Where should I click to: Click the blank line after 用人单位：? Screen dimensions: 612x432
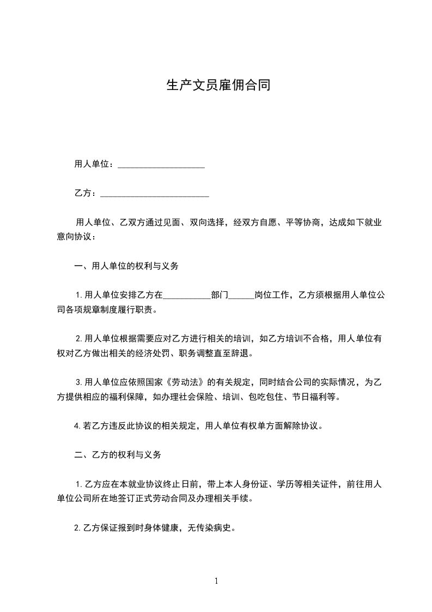click(161, 165)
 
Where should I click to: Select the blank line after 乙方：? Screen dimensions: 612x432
click(155, 194)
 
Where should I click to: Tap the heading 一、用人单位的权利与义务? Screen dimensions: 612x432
click(126, 267)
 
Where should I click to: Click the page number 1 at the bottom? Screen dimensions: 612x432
click(216, 580)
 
